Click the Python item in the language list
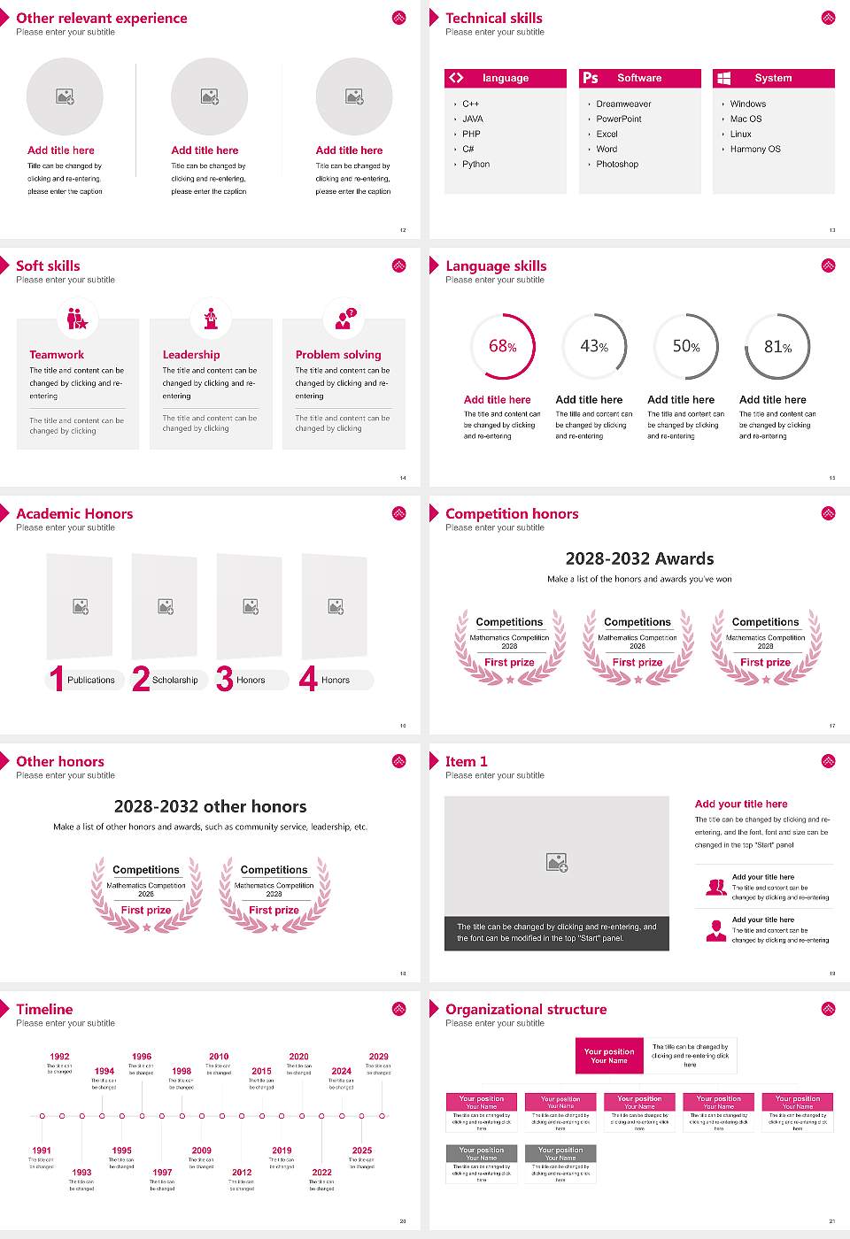click(475, 165)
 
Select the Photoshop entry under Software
click(617, 165)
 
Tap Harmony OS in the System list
click(755, 150)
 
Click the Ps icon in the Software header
click(591, 78)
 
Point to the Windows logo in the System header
click(723, 78)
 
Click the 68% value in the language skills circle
click(502, 347)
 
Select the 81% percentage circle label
click(777, 347)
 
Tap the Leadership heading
click(191, 355)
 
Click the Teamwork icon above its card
click(77, 318)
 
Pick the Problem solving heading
click(338, 355)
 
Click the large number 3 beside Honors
click(225, 679)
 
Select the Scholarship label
click(174, 681)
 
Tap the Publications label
click(91, 681)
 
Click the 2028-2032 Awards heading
click(639, 559)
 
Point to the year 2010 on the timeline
click(219, 1057)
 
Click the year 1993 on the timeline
click(81, 1173)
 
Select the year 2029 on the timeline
click(378, 1057)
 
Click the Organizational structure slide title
click(526, 1010)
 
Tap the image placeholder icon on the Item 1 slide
click(557, 862)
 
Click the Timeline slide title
click(44, 1010)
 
